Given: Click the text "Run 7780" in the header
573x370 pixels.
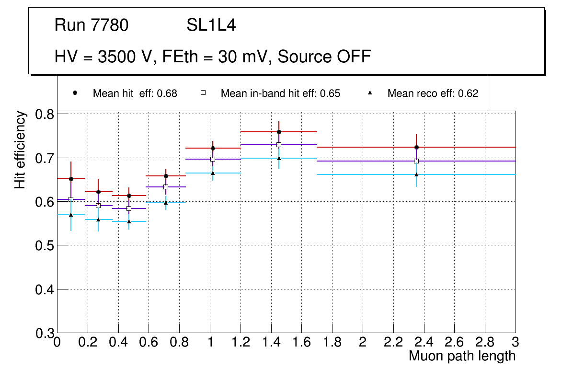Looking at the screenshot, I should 92,25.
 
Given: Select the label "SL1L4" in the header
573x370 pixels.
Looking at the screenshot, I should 211,25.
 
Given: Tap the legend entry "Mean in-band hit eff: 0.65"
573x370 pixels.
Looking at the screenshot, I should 280,93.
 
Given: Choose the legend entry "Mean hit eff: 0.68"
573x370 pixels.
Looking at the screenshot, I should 135,93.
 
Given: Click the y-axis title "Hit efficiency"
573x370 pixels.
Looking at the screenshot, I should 20,150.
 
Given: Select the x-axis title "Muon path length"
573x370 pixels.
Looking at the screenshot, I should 462,356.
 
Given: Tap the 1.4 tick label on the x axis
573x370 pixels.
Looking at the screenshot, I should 271,342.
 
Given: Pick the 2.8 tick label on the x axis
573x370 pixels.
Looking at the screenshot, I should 485,342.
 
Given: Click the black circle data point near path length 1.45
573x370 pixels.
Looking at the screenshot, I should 279,132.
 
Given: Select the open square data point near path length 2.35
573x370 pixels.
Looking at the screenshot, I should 416,161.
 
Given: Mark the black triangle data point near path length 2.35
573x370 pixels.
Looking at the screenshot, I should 416,174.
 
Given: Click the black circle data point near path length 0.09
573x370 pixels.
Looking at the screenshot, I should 71,179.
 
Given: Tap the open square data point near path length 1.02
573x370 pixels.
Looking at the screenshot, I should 213,159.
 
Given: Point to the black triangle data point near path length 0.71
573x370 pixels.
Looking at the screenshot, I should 166,203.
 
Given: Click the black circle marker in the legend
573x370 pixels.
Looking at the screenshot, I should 75,93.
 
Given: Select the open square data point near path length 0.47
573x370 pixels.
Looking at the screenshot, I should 129,208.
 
